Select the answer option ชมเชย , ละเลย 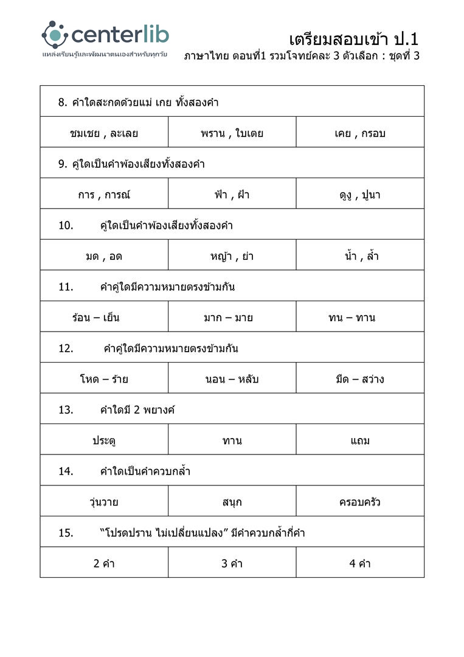[104, 133]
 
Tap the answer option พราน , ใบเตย [232, 133]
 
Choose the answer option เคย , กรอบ [360, 133]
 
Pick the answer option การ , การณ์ [104, 195]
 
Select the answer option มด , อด [104, 256]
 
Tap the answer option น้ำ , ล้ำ [361, 256]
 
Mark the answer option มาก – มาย [229, 318]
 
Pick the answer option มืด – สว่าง [359, 379]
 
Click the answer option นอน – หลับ [232, 379]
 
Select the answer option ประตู [104, 440]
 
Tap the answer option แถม [360, 440]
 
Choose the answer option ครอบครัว [360, 502]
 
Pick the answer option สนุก [232, 502]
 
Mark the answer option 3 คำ [232, 564]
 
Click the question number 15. [66, 533]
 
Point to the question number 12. [66, 349]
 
